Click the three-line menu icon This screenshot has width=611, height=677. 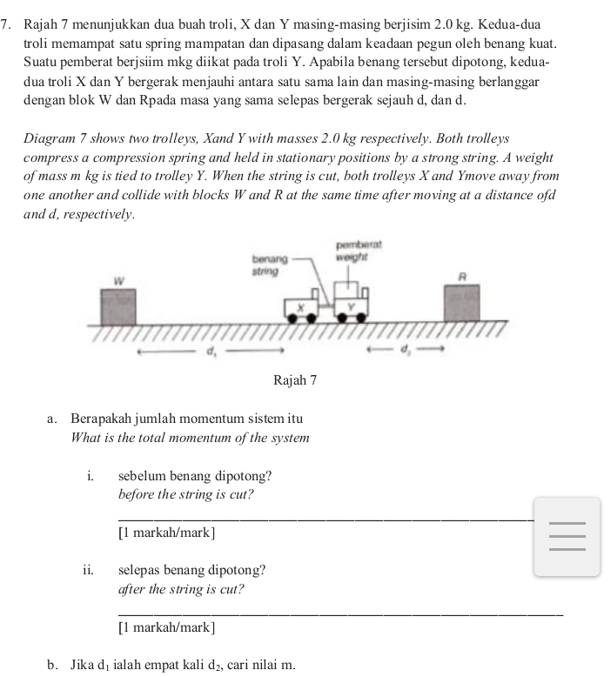[x=567, y=536]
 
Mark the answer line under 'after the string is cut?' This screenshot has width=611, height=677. [x=339, y=615]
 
